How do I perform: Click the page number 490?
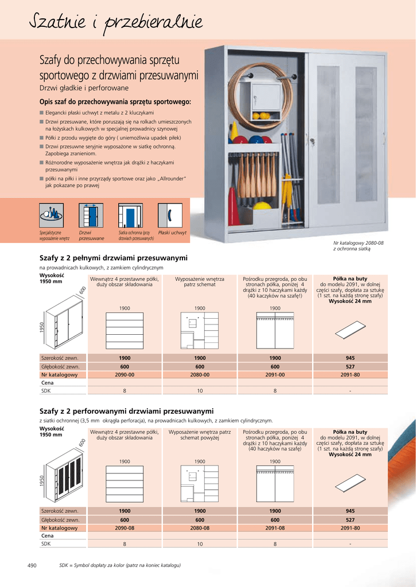pyautogui.click(x=32, y=566)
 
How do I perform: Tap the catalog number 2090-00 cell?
pyautogui.click(x=125, y=375)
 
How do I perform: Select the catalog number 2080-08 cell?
pyautogui.click(x=200, y=528)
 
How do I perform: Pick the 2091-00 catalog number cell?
pyautogui.click(x=275, y=375)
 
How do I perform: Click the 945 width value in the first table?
pyautogui.click(x=350, y=358)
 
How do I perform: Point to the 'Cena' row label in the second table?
pyautogui.click(x=48, y=536)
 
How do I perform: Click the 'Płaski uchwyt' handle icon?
pyautogui.click(x=171, y=215)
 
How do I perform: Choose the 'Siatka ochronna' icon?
pyautogui.click(x=130, y=215)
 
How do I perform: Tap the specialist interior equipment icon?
pyautogui.click(x=51, y=215)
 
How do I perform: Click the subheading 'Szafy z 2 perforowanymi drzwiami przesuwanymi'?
pyautogui.click(x=126, y=411)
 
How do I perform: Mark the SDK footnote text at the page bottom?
pyautogui.click(x=120, y=566)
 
